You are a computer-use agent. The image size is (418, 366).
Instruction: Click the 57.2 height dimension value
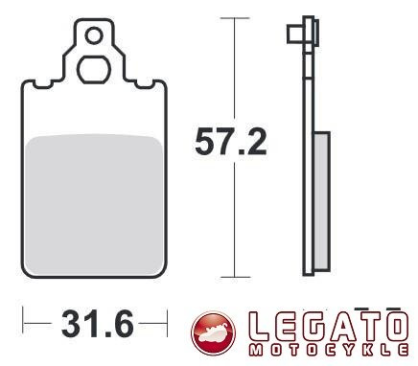click(x=230, y=143)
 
